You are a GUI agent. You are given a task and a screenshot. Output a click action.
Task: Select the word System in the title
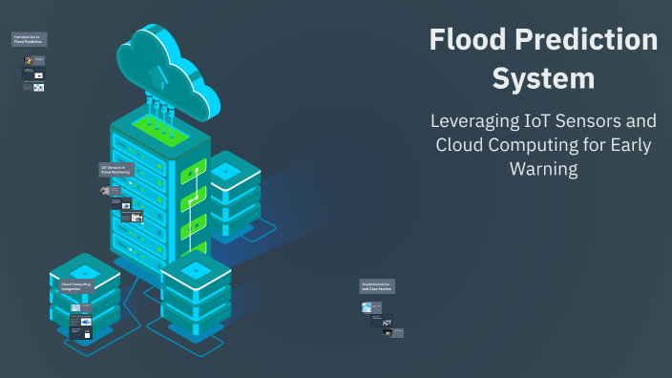point(543,77)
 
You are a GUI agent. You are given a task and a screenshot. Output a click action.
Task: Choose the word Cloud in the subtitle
point(460,146)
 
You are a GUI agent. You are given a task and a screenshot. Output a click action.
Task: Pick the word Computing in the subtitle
point(538,146)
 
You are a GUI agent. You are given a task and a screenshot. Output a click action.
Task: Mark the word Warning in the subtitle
point(543,170)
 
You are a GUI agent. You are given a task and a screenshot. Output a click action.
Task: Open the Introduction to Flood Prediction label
point(29,40)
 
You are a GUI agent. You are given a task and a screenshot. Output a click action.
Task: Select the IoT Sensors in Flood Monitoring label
point(116,169)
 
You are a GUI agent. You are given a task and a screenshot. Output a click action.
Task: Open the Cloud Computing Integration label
point(76,286)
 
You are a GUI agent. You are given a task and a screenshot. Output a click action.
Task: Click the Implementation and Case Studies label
point(377,286)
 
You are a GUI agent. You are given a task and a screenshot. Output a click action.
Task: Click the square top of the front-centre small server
point(195,270)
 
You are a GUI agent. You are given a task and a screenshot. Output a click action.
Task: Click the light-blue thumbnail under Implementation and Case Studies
point(367,307)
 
